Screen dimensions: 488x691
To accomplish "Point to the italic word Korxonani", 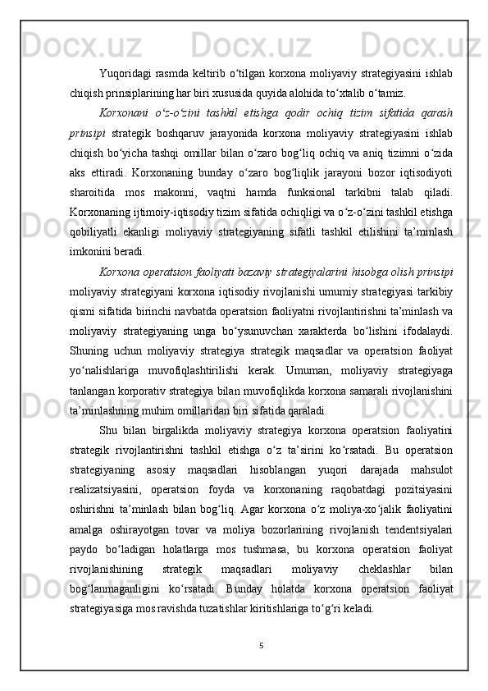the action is point(124,112).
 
